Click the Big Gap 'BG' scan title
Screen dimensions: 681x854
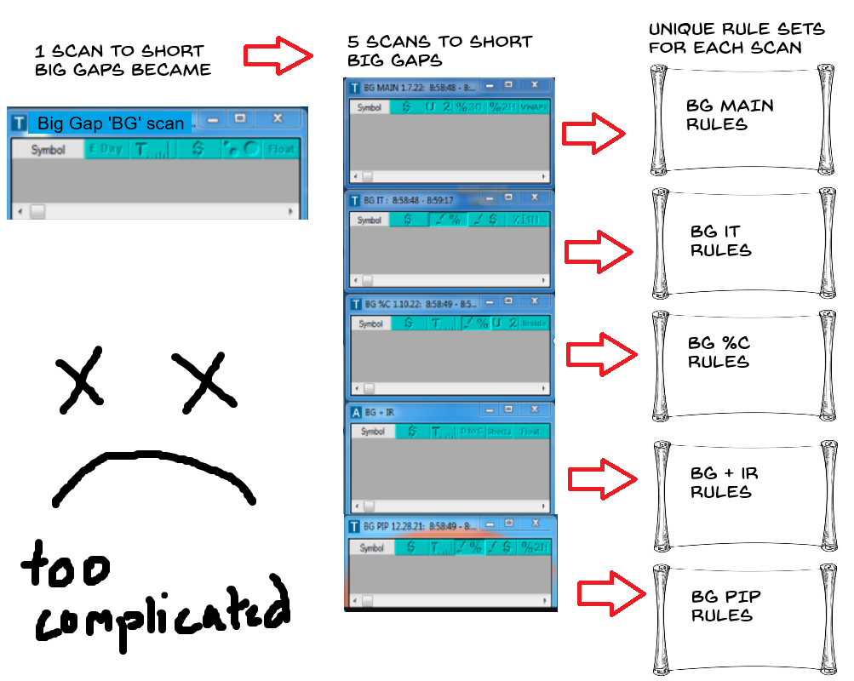[111, 123]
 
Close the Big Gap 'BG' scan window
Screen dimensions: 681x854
[277, 119]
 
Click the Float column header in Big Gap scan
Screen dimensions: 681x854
[281, 149]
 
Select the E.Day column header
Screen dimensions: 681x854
[106, 149]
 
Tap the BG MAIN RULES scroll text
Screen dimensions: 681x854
[730, 115]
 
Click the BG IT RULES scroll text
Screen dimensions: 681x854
[720, 241]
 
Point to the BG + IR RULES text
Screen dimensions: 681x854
[724, 483]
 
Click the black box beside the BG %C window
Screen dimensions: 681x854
[726, 360]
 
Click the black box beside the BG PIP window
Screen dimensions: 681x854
[729, 605]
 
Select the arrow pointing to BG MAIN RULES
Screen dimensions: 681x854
[595, 133]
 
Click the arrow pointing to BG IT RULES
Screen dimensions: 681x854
[599, 252]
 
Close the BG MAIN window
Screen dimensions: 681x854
[534, 85]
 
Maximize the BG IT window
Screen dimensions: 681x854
[508, 198]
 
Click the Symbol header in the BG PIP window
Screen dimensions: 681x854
[371, 547]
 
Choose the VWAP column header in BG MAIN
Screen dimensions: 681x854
[534, 107]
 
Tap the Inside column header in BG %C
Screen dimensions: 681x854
[534, 323]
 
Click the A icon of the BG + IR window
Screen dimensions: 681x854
[356, 412]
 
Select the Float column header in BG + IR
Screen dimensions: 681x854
[530, 432]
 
